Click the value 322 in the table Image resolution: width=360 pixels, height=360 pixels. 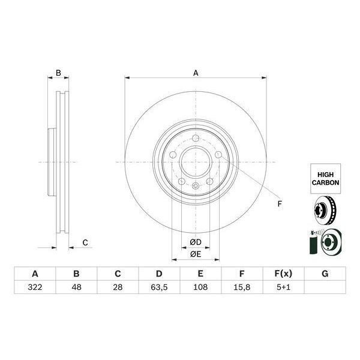tap(34, 288)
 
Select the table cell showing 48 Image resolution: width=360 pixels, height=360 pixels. tap(76, 288)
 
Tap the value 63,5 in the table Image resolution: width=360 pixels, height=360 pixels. tap(158, 288)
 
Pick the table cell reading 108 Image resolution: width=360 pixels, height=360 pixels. tap(200, 288)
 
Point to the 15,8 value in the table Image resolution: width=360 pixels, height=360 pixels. tap(241, 288)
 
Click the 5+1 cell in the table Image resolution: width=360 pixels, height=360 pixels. tap(283, 288)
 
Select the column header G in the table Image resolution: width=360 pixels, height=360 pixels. tap(325, 274)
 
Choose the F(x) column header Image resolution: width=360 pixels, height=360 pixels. tap(283, 274)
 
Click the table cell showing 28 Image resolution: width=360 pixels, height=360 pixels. tap(118, 288)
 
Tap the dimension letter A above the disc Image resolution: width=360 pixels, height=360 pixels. tap(196, 73)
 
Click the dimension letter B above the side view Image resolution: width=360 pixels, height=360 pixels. tap(58, 73)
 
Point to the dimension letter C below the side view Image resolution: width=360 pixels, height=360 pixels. tap(85, 242)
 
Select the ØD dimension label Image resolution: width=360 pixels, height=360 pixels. tap(196, 242)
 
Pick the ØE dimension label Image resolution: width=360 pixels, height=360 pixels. tap(196, 254)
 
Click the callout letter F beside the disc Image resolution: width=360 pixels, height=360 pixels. tap(278, 205)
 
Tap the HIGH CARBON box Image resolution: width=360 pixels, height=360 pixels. tap(326, 176)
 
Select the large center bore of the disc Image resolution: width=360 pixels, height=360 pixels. tap(196, 162)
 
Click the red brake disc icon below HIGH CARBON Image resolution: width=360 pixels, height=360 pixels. tap(325, 212)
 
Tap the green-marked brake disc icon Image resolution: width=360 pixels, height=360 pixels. tap(325, 244)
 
